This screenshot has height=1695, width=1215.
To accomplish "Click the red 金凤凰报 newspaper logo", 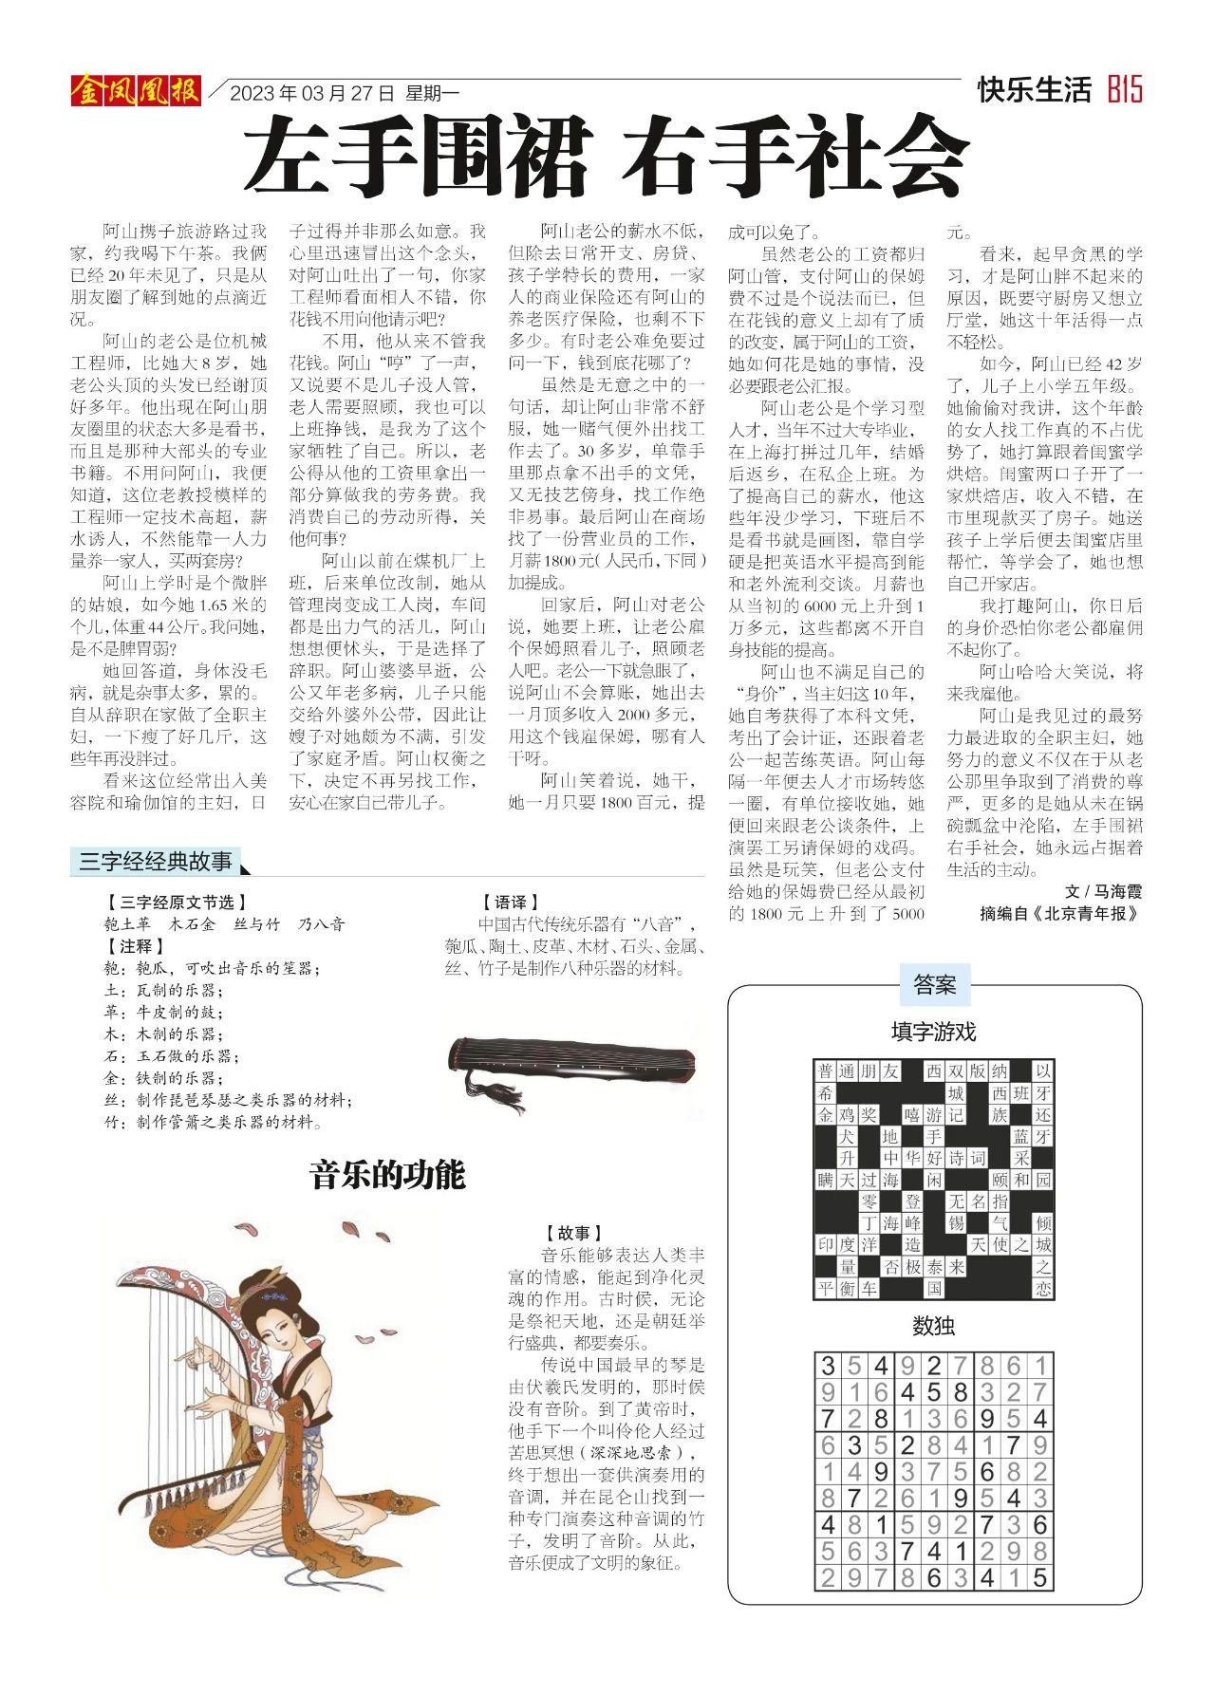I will click(x=135, y=91).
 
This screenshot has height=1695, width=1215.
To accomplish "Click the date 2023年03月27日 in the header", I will click(x=311, y=93).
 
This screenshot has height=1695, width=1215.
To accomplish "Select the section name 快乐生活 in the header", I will click(x=1035, y=91).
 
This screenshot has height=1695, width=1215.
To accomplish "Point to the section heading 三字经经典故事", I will click(x=156, y=862).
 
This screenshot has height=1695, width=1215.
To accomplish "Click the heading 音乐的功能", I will click(x=388, y=1176).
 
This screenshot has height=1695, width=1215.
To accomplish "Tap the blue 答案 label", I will click(x=934, y=985).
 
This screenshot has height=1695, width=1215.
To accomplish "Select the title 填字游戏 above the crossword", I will click(x=933, y=1031).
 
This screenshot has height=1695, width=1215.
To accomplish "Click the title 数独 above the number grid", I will click(x=933, y=1326).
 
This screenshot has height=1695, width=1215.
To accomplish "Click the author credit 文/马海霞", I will click(x=1104, y=891).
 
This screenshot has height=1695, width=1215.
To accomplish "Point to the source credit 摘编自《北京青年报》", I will click(x=1058, y=914).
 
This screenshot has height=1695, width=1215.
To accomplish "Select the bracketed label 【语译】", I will click(x=510, y=903).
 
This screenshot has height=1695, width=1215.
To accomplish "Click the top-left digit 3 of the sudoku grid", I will click(x=828, y=1367).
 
